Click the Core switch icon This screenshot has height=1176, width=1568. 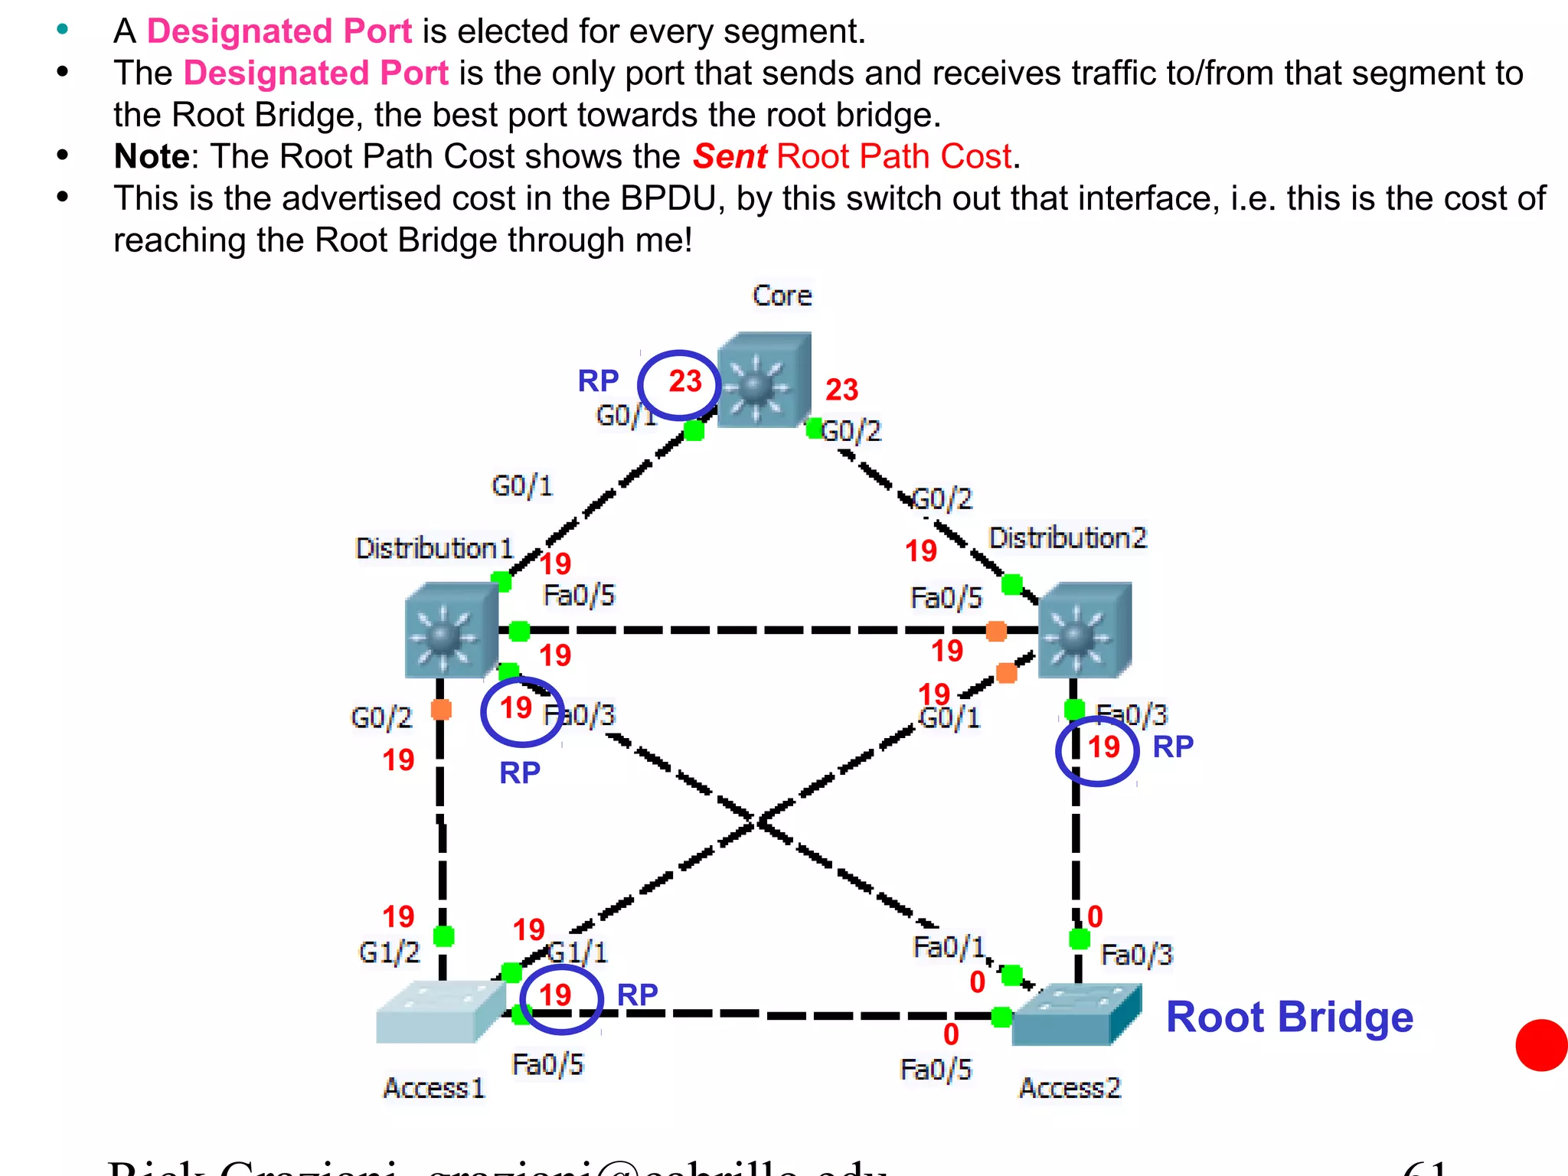pos(763,381)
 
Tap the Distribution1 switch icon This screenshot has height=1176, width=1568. pos(451,630)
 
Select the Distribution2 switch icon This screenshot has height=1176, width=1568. pos(1084,630)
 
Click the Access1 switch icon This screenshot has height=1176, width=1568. pos(439,1012)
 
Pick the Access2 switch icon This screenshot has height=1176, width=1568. pos(1075,1015)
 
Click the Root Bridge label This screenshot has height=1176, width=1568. pos(1289,1017)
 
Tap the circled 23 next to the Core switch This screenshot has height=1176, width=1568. pos(684,381)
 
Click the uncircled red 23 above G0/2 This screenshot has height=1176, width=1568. pos(841,390)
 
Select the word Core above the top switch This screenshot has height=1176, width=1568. pos(781,296)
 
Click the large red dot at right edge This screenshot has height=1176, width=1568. pos(1542,1045)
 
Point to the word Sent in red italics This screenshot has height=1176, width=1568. pos(730,156)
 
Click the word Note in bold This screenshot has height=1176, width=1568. pos(151,156)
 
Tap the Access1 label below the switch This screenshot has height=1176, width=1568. pos(433,1088)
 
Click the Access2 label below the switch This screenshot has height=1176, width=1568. pos(1070,1088)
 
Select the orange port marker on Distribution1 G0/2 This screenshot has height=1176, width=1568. pos(441,710)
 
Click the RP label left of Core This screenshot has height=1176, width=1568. pos(598,381)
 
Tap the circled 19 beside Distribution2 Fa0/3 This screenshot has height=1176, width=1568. pos(1102,747)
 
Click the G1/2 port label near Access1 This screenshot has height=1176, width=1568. pos(389,952)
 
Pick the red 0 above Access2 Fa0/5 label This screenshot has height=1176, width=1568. pos(951,1034)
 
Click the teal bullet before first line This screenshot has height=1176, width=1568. pos(63,30)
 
